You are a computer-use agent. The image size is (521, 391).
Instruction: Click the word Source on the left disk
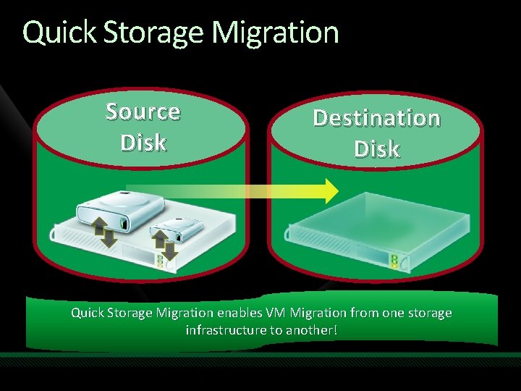[143, 112]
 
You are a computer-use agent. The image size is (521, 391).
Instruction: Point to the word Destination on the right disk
[376, 117]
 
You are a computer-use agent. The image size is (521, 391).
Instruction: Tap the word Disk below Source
[143, 142]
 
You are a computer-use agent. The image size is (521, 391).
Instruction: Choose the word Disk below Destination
[376, 148]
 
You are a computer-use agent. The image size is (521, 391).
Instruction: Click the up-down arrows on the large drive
[103, 230]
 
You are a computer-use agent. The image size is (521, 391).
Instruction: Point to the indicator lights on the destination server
[394, 261]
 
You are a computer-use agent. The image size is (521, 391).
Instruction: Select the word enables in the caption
[240, 314]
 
